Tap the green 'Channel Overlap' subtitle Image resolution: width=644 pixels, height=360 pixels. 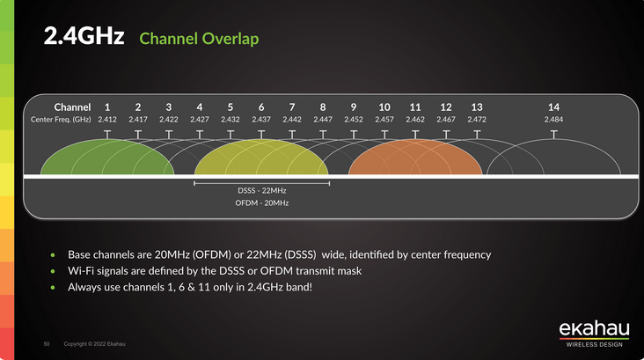(x=199, y=40)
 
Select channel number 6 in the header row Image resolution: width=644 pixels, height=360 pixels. (x=261, y=107)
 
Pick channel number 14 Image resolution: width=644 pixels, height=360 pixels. (x=553, y=107)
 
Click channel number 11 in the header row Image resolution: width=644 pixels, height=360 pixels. (x=415, y=107)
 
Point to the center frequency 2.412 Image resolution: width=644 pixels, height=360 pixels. (x=107, y=119)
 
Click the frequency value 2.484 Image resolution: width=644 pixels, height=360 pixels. (x=553, y=119)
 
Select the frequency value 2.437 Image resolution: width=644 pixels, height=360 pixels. (x=261, y=119)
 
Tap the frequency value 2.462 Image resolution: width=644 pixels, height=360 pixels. (x=415, y=119)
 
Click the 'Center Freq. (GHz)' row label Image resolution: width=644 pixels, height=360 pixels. (x=61, y=119)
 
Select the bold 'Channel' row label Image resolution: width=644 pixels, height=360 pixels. (x=72, y=107)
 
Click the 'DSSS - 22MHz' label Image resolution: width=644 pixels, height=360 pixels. (x=261, y=190)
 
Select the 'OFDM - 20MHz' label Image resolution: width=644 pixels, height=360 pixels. (x=261, y=203)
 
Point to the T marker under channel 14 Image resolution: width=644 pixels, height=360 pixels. (x=553, y=134)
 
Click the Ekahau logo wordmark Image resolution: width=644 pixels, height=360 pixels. (x=594, y=329)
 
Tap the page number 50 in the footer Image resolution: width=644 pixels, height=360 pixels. (x=48, y=343)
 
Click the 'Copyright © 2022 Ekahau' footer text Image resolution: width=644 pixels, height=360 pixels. (x=94, y=343)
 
